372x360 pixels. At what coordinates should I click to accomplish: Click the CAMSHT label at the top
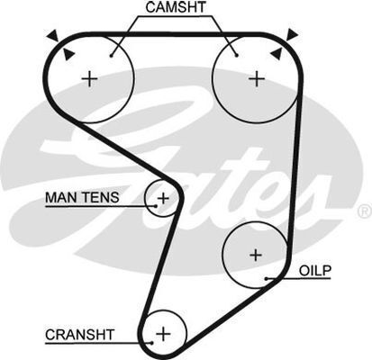point(176,7)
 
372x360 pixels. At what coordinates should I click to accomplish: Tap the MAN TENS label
point(82,197)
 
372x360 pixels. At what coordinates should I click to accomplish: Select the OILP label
point(315,271)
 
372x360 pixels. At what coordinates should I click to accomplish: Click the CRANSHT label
point(80,335)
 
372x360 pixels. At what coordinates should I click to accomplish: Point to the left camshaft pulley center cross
point(89,79)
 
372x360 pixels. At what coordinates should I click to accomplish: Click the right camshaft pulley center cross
point(257,79)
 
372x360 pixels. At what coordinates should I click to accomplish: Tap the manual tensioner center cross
point(164,198)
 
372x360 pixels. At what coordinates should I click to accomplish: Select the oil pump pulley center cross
point(256,255)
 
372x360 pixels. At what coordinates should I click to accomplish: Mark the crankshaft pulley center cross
point(164,334)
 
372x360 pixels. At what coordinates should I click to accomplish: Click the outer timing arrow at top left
point(53,36)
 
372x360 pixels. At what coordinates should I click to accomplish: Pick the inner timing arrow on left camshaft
point(68,54)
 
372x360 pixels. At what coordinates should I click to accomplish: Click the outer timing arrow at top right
point(292,35)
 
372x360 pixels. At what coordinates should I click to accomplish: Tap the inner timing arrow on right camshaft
point(277,53)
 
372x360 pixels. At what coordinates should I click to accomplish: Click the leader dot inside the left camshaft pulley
point(111,56)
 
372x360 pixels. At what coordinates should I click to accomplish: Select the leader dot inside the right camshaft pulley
point(237,55)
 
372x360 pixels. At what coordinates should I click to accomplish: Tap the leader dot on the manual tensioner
point(156,206)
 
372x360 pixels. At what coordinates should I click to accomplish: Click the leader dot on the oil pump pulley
point(267,279)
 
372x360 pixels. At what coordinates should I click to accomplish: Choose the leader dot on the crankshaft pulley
point(152,343)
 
